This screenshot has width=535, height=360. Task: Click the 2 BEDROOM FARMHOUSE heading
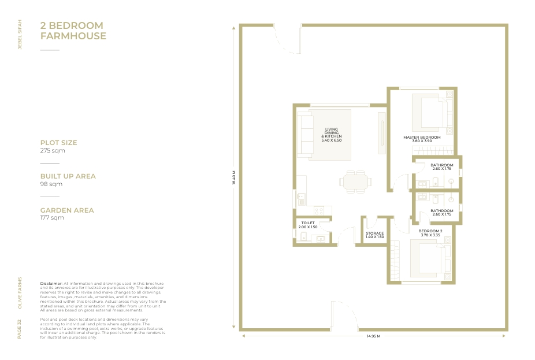pyautogui.click(x=73, y=31)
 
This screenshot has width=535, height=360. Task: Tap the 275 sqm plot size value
pyautogui.click(x=53, y=150)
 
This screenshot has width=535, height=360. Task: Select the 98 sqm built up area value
pyautogui.click(x=51, y=184)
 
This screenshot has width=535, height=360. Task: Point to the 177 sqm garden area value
pyautogui.click(x=52, y=217)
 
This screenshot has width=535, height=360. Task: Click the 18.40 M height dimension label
pyautogui.click(x=234, y=177)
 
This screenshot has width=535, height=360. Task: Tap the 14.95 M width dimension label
pyautogui.click(x=373, y=336)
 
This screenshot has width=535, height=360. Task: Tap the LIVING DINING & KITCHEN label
pyautogui.click(x=331, y=135)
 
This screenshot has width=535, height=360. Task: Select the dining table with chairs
pyautogui.click(x=355, y=181)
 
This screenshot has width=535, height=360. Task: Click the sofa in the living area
pyautogui.click(x=305, y=136)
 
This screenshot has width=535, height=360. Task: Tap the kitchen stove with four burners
pyautogui.click(x=319, y=210)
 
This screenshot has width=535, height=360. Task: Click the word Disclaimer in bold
pyautogui.click(x=51, y=284)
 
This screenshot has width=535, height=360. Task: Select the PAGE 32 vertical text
pyautogui.click(x=20, y=329)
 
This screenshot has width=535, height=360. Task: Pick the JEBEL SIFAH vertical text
pyautogui.click(x=20, y=35)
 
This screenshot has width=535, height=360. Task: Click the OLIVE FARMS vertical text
pyautogui.click(x=20, y=293)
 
